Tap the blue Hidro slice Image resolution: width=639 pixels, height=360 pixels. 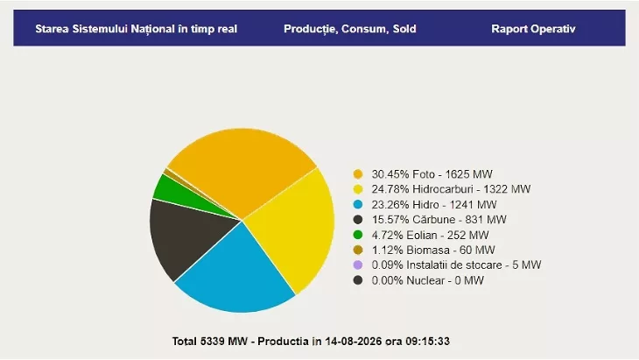coord(236,273)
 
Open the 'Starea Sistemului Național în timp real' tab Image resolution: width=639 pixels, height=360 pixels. coord(136,29)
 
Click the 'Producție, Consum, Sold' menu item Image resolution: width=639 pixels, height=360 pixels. coord(349,29)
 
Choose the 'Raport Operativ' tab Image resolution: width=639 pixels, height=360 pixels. coord(533,29)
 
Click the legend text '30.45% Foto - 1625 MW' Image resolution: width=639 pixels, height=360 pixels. coord(432,174)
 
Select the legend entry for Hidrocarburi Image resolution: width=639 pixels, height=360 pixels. coord(451,189)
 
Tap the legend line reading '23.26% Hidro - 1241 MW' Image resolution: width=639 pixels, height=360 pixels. coord(434,204)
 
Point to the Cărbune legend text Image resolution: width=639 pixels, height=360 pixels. coord(439,219)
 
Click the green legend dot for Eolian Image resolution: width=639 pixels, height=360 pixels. coord(358,235)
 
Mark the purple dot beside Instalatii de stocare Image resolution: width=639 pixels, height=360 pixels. coord(358,265)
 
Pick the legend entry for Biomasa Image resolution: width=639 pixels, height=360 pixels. coord(433,250)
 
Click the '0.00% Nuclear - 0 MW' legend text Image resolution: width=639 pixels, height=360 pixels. coord(427,280)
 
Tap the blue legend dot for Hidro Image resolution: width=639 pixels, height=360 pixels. coord(358,204)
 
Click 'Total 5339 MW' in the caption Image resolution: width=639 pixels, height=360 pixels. coord(209,342)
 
